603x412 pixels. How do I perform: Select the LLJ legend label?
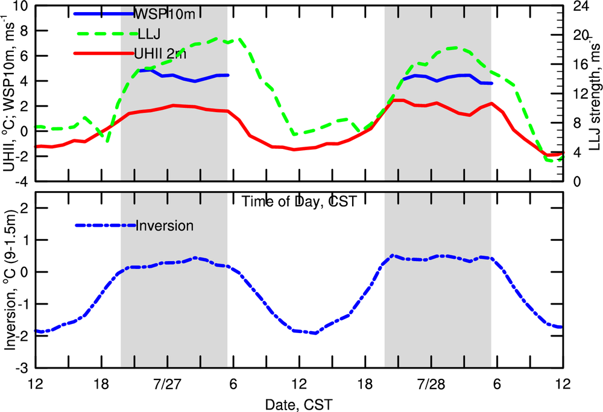tap(148, 33)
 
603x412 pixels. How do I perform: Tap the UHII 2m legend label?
tap(160, 54)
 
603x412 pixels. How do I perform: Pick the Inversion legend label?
tap(165, 226)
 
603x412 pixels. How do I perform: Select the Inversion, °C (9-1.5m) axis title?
tap(9, 280)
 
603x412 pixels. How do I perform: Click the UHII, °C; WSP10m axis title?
tap(9, 93)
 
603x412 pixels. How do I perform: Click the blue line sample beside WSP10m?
tap(103, 13)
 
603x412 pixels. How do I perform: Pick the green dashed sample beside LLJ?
tap(103, 33)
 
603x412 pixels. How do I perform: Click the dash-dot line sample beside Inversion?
tap(105, 226)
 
